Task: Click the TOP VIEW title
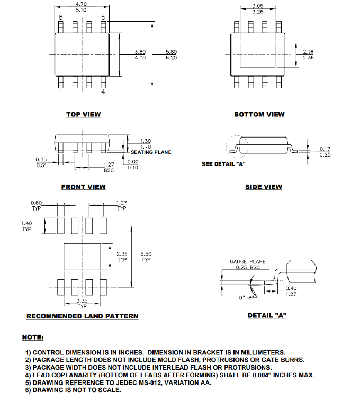[x=83, y=114]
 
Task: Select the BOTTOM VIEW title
[x=259, y=114]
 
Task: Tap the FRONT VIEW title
[x=83, y=187]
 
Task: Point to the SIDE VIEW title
[x=263, y=187]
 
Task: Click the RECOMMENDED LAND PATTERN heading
[x=82, y=316]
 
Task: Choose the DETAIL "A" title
[x=267, y=316]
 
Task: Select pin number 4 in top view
[x=103, y=92]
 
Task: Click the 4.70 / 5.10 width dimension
[x=82, y=7]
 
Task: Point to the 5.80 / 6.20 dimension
[x=171, y=54]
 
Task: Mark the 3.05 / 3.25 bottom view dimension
[x=258, y=8]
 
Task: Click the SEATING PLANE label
[x=151, y=152]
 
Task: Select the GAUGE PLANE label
[x=247, y=262]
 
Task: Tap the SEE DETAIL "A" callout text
[x=223, y=164]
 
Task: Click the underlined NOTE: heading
[x=33, y=337]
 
